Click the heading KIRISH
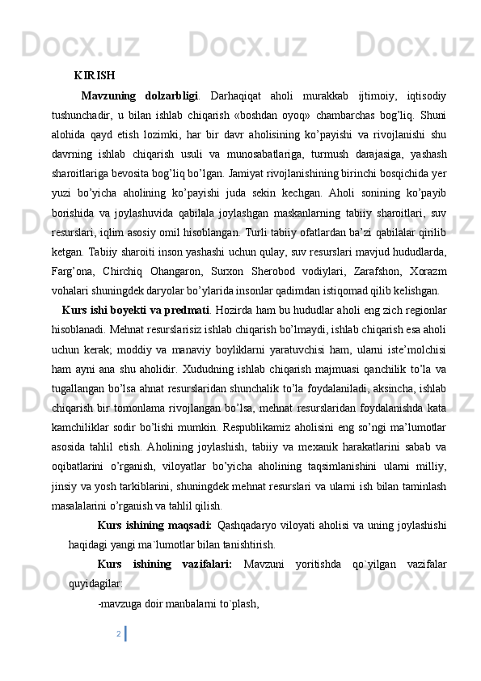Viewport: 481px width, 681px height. point(94,77)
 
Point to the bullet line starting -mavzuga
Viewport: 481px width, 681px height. point(177,603)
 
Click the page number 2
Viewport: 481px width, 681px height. point(119,632)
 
